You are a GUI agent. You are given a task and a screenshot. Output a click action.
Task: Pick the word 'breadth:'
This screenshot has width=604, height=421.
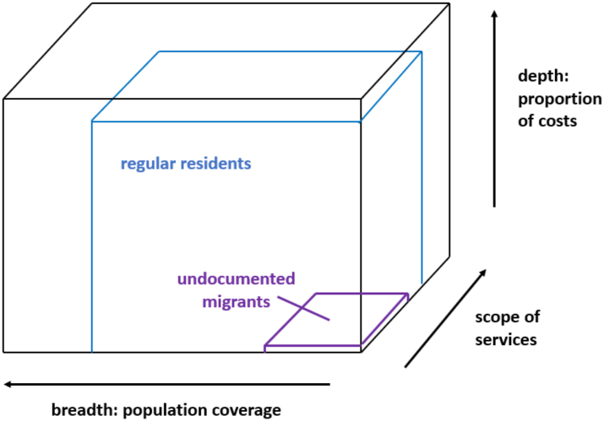tap(81, 411)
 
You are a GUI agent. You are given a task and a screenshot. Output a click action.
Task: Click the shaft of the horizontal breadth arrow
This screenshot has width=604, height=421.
tap(169, 384)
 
